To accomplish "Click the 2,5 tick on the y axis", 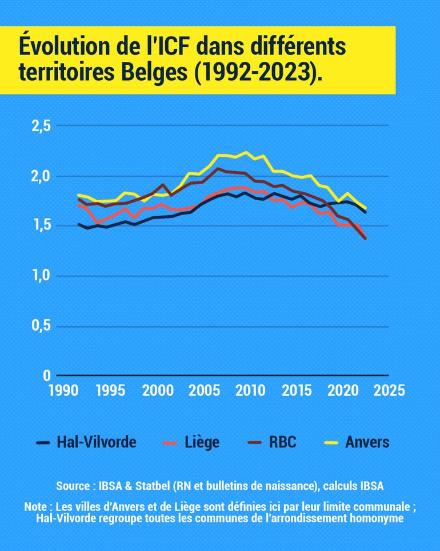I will click(39, 126).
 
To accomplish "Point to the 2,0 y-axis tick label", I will click(39, 176).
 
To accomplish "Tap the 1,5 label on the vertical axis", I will click(39, 225).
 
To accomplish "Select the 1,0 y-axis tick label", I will click(39, 276).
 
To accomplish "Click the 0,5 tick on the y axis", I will click(39, 326).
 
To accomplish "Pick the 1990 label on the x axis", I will click(63, 391).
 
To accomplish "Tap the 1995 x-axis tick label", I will click(110, 391).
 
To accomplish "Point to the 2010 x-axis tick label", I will click(250, 391).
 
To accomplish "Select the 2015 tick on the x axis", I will click(296, 391).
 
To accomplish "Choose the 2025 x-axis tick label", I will click(389, 391).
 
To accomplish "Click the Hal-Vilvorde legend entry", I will click(96, 442).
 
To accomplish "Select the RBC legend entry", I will click(282, 442).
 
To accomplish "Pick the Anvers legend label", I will click(367, 442).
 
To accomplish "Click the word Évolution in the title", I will click(63, 47).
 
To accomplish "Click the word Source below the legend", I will click(73, 486).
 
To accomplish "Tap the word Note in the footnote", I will click(36, 508).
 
